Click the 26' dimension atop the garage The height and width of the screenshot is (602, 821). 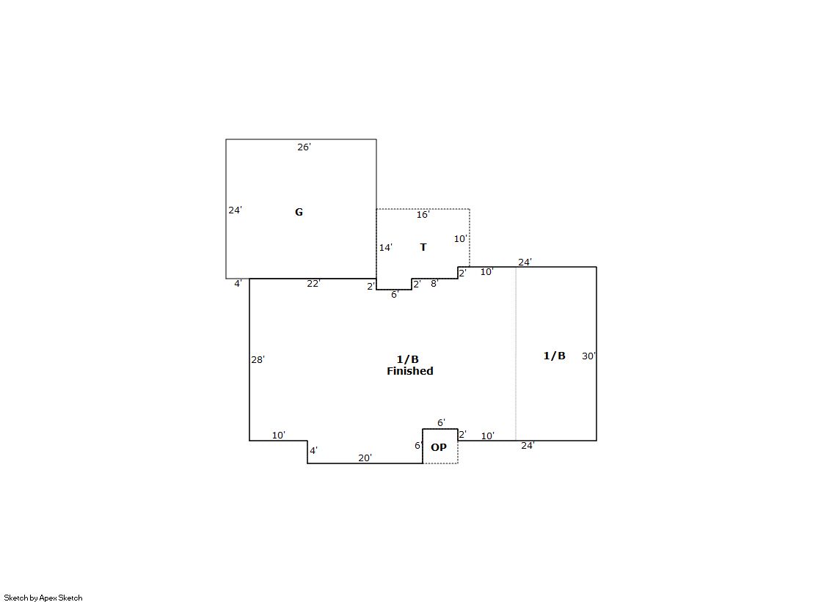tap(304, 147)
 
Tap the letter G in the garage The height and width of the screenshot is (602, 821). tap(299, 212)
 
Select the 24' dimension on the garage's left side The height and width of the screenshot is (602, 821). tap(235, 210)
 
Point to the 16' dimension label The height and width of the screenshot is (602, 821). tap(423, 215)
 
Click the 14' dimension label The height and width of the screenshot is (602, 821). tap(386, 248)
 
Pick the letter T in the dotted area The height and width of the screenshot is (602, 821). tap(423, 247)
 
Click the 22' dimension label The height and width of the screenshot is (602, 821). tap(313, 283)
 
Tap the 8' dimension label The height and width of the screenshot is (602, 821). tap(434, 283)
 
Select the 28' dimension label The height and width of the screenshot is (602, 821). tap(258, 359)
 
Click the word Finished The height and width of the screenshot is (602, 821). tap(410, 371)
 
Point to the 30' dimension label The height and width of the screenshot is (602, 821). tap(589, 356)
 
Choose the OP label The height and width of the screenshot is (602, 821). tap(439, 447)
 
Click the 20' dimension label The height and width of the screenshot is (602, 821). tap(365, 458)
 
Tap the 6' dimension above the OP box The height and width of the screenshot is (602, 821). tap(442, 422)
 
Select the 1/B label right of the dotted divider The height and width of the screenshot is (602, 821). tap(555, 356)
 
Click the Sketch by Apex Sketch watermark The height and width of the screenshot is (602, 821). tap(43, 598)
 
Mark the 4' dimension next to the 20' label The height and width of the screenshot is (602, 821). tap(313, 450)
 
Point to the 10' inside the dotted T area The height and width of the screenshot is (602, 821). tap(461, 239)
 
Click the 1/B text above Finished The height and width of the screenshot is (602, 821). tap(408, 359)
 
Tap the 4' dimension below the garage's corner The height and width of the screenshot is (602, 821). tap(238, 283)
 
